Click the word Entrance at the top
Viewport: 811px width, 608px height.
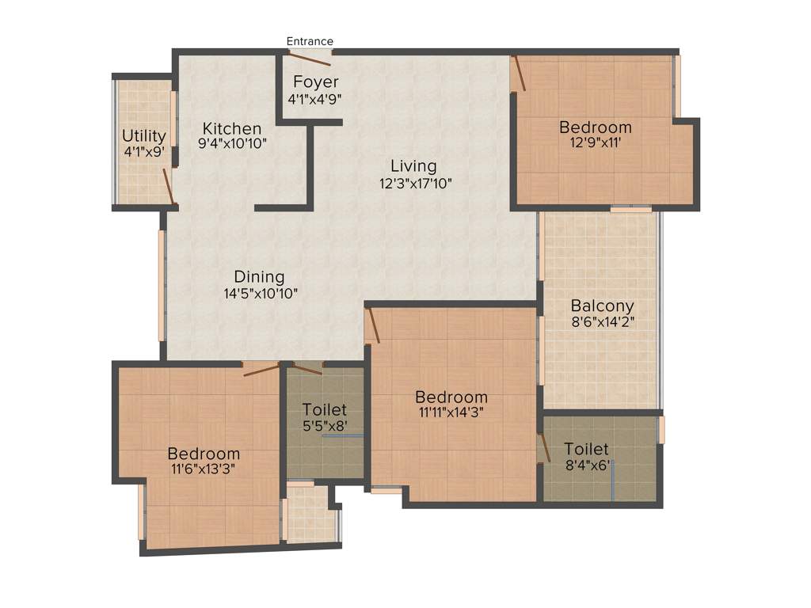(x=310, y=41)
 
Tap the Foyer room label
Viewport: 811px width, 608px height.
(x=315, y=82)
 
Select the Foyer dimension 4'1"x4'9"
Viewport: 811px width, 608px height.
(x=314, y=99)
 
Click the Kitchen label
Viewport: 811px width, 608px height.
(x=231, y=128)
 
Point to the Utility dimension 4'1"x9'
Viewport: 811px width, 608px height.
(x=143, y=151)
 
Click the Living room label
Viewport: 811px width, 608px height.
(x=413, y=166)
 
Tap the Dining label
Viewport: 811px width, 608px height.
(x=259, y=276)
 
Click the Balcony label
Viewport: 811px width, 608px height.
(x=602, y=306)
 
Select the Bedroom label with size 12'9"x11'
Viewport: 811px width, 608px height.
(x=596, y=127)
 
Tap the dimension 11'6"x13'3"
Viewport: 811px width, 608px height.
(x=204, y=469)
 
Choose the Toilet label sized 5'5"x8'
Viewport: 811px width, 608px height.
(x=324, y=409)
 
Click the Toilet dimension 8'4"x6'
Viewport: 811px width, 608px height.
(x=586, y=465)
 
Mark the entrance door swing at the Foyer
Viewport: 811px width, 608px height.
(x=310, y=58)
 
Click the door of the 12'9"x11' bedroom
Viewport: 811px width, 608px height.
(x=517, y=74)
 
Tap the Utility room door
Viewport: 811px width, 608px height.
(x=169, y=187)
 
